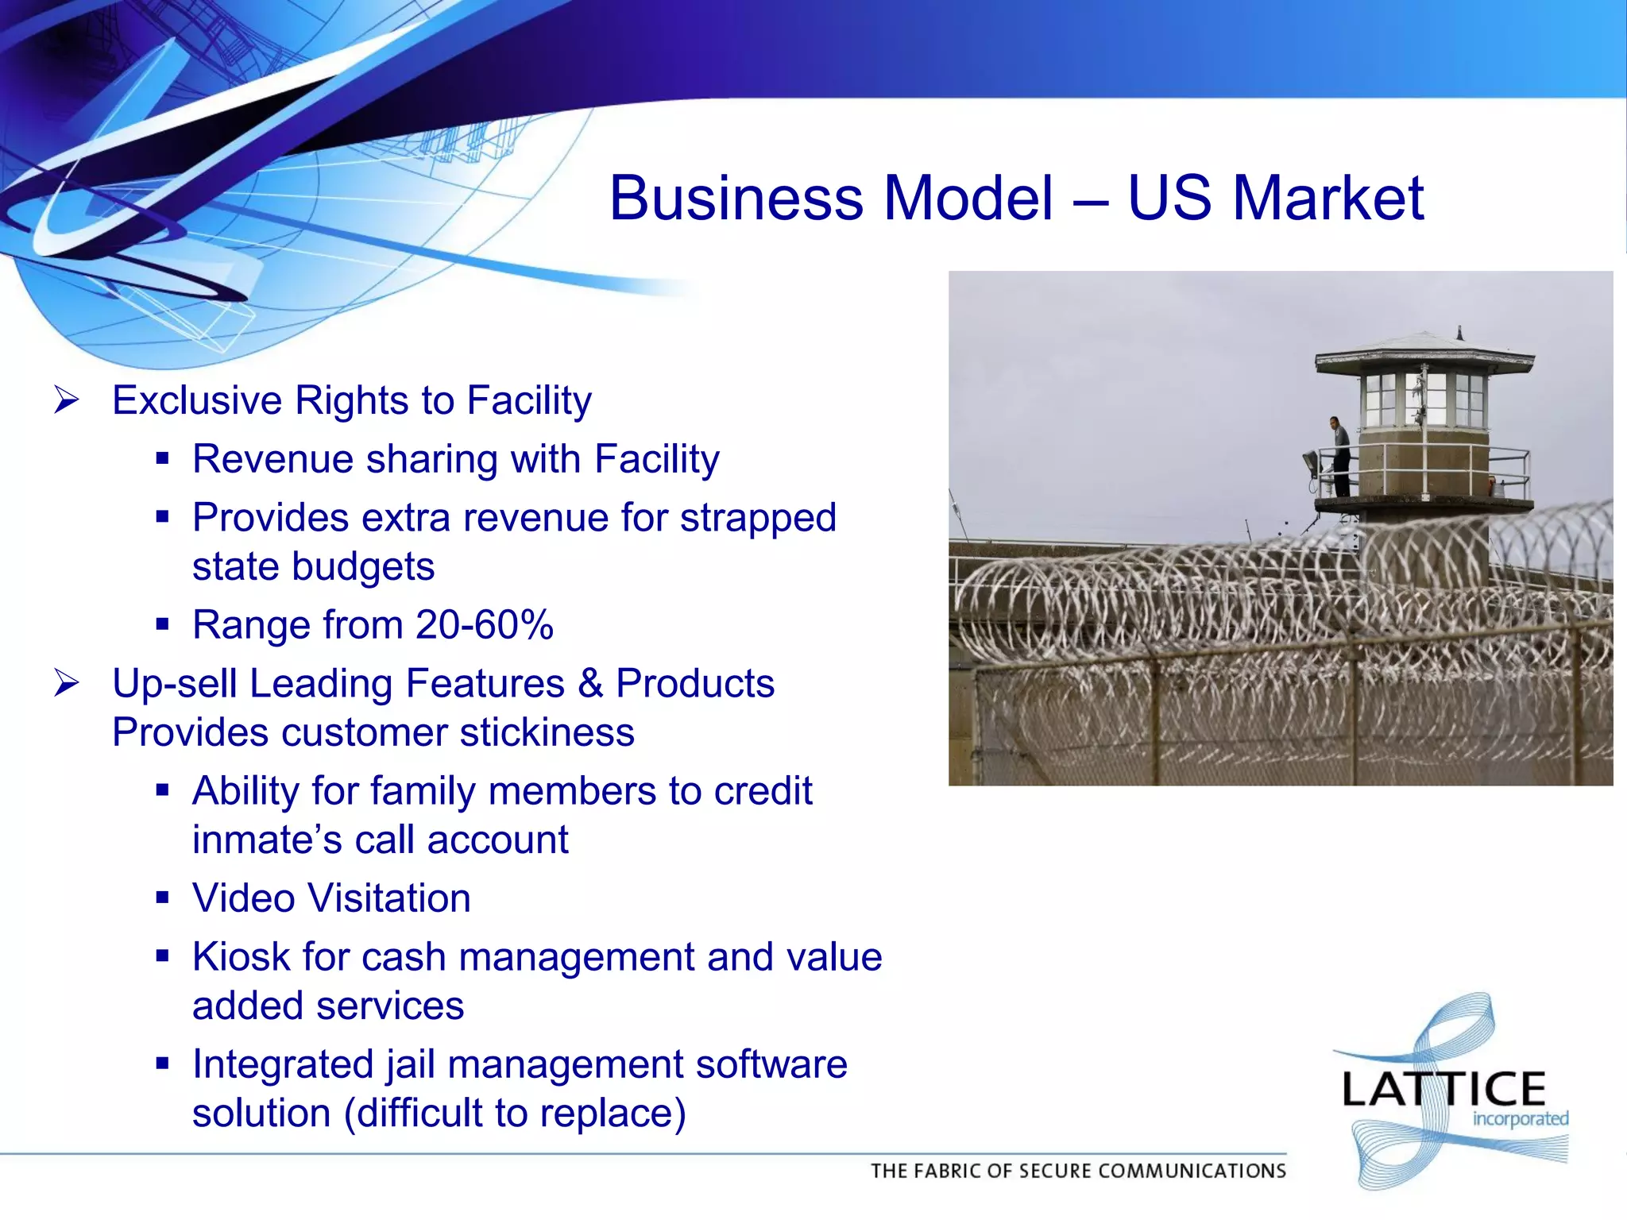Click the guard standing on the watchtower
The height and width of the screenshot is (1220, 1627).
click(1339, 455)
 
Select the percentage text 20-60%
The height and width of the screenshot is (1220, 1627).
click(484, 625)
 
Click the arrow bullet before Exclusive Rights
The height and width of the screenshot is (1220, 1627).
click(66, 400)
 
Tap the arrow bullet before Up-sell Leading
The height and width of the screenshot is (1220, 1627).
click(66, 683)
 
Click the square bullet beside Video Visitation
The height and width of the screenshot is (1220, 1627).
click(163, 898)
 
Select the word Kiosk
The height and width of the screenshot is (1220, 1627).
click(241, 957)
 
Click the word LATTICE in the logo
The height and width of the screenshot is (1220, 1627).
click(1442, 1089)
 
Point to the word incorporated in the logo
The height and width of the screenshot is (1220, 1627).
click(1520, 1119)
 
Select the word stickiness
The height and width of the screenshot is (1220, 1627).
click(547, 732)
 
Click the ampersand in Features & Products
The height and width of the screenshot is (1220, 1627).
click(589, 684)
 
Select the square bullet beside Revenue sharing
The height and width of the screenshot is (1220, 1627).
click(163, 459)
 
